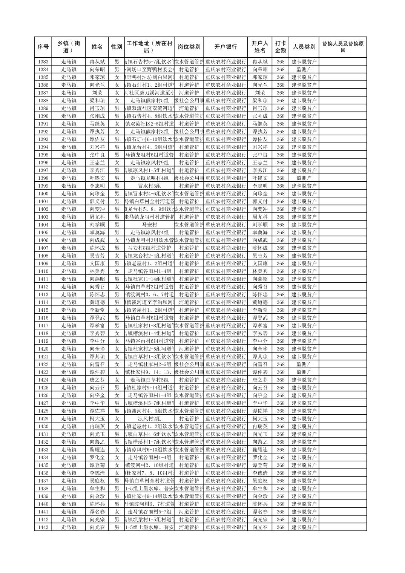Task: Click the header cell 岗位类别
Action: (189, 47)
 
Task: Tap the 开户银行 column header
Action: (226, 47)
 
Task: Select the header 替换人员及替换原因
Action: (342, 47)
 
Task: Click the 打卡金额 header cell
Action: (280, 47)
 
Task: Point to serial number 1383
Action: (43, 61)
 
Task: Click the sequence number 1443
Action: (43, 527)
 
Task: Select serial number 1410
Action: (43, 271)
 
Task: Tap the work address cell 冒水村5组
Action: (150, 186)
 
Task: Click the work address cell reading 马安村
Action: (150, 225)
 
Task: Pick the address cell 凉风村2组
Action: (150, 418)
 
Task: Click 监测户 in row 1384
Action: (304, 69)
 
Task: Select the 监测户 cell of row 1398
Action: (304, 178)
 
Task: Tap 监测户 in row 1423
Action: (304, 372)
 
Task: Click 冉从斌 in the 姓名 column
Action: (97, 61)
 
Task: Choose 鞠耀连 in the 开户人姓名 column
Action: (260, 450)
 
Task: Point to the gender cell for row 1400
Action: (117, 193)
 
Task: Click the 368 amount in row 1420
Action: (280, 349)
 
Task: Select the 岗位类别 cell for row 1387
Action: (189, 93)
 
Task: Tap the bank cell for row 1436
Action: (226, 473)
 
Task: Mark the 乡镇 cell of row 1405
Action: (69, 232)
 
